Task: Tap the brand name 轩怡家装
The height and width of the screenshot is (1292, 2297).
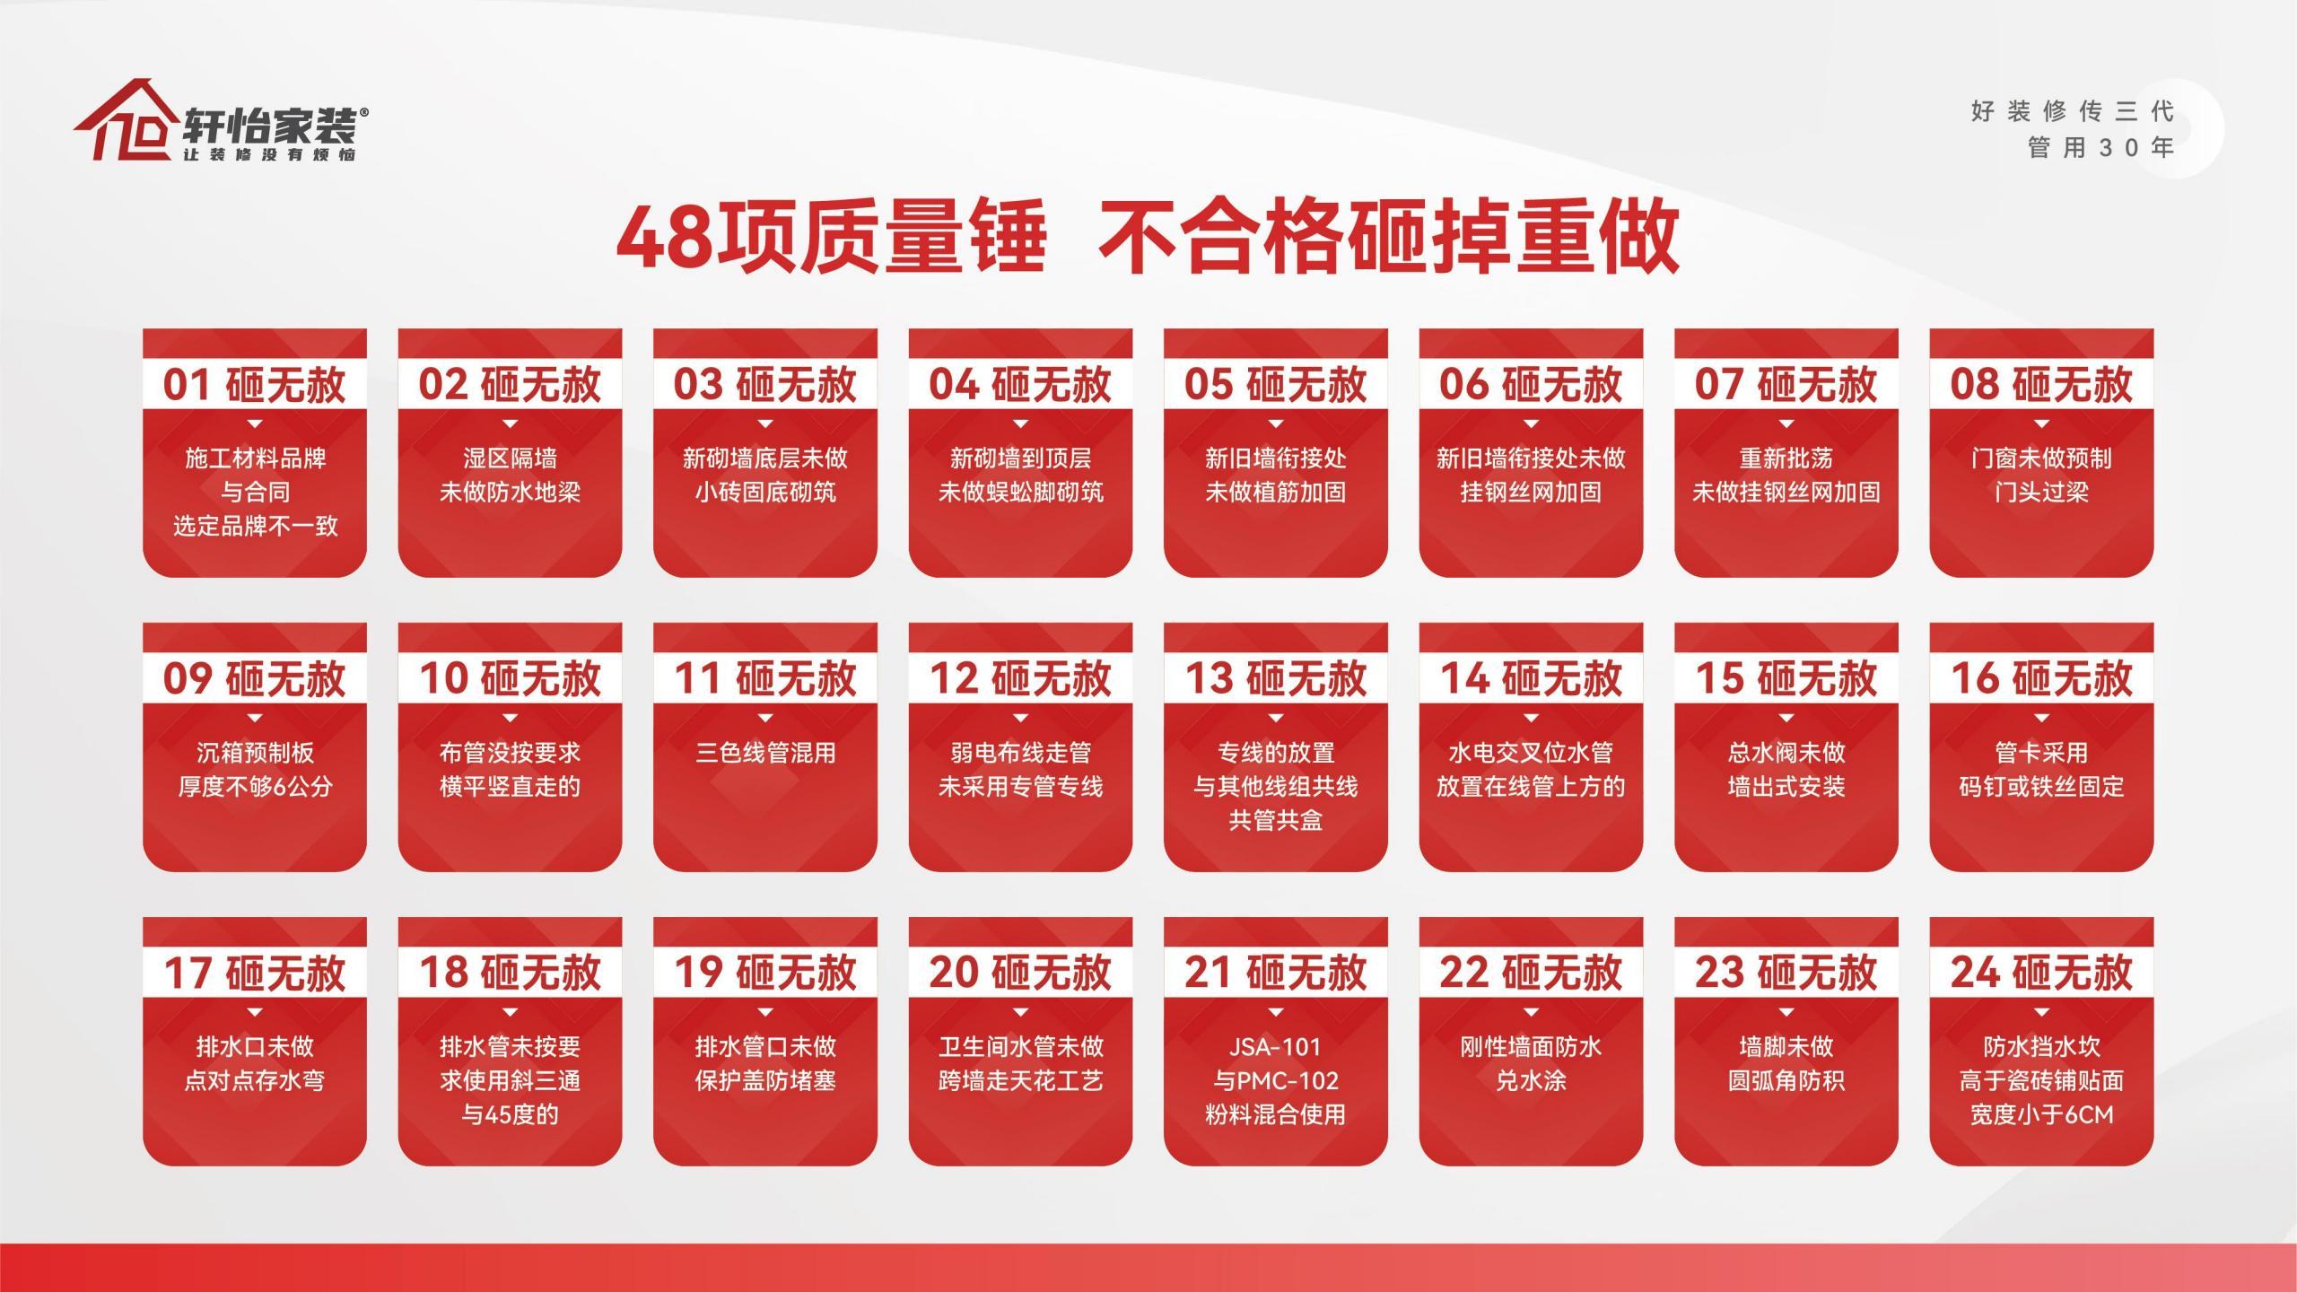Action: tap(270, 126)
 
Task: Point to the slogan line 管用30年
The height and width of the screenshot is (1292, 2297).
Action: tap(2100, 148)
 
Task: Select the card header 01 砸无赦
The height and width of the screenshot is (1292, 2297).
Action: tap(254, 385)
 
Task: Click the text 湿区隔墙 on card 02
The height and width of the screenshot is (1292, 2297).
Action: tap(510, 458)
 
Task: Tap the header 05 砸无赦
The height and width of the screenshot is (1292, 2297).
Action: tap(1275, 385)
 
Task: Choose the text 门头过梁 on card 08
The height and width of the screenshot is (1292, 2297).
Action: tap(2041, 493)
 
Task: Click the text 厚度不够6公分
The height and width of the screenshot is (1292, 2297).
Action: tap(255, 787)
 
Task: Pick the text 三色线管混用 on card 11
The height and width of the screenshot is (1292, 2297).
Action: tap(765, 753)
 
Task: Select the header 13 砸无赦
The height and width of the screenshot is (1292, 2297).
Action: tap(1275, 679)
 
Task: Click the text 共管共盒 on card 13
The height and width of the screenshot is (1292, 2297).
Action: tap(1275, 821)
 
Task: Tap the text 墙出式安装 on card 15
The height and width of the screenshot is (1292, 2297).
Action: tap(1786, 787)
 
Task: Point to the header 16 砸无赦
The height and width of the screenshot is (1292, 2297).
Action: tap(2041, 679)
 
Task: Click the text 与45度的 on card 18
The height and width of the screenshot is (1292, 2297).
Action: tap(510, 1115)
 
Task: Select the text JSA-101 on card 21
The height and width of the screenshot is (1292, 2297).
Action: tap(1275, 1047)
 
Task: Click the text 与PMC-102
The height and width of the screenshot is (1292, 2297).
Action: tap(1275, 1081)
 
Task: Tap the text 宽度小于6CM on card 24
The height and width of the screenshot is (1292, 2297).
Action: tap(2041, 1115)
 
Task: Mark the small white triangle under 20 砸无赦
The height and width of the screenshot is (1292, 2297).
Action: tap(1020, 1013)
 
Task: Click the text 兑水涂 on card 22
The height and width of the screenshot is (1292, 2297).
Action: tap(1531, 1081)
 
